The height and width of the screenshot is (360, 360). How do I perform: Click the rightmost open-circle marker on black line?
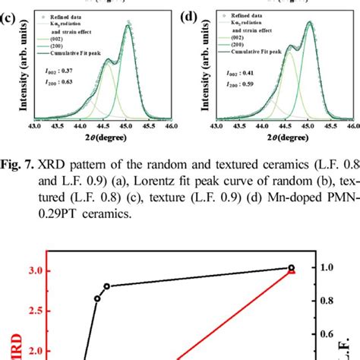(x=292, y=267)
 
